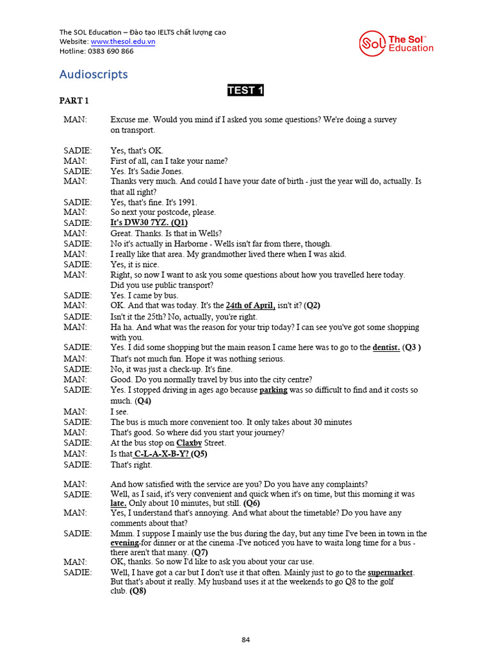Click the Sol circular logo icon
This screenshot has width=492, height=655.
tap(373, 43)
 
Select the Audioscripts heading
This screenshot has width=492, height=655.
tap(94, 74)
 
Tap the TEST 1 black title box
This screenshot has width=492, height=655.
tap(245, 90)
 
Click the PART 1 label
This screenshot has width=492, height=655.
tap(74, 101)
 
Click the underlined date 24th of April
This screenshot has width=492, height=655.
tap(250, 306)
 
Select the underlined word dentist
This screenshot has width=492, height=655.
tap(386, 347)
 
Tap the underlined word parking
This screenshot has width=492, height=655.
tap(273, 390)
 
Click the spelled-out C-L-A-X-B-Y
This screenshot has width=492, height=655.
tap(161, 454)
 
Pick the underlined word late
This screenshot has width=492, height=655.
tap(118, 503)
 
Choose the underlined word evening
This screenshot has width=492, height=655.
tap(124, 543)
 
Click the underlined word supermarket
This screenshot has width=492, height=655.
tap(390, 572)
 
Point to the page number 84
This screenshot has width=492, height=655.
tap(245, 640)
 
